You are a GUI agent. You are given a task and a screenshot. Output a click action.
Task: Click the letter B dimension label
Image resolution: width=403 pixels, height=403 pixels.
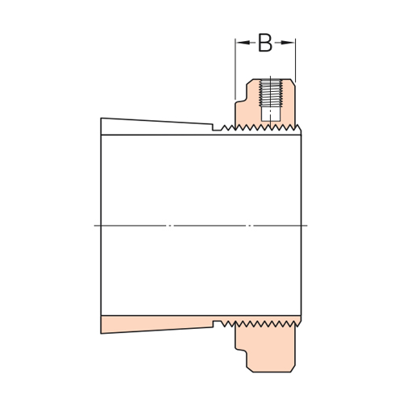point(265,43)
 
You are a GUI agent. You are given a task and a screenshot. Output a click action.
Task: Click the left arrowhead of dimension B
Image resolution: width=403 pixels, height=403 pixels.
point(239,43)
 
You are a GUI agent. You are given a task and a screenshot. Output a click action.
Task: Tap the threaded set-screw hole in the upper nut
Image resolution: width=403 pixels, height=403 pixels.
point(271,93)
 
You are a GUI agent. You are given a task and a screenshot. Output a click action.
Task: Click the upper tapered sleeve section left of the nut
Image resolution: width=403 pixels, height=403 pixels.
point(153,126)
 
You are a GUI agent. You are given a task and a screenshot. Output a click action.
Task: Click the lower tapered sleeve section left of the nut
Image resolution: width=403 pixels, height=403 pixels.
point(153,324)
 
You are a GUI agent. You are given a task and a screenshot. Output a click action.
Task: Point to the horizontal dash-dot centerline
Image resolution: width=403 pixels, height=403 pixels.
point(201,226)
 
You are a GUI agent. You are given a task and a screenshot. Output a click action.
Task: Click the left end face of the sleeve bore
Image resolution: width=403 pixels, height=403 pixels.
point(101,226)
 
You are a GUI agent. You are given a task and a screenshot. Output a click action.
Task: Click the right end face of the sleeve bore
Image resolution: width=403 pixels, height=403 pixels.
point(301,226)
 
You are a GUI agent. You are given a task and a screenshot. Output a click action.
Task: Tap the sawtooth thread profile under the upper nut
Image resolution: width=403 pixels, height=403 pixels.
point(258,128)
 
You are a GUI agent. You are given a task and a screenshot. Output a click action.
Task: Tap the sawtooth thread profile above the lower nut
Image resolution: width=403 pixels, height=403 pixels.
point(258,322)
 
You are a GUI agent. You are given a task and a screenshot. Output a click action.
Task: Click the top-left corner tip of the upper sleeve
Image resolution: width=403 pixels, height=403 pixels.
point(102,119)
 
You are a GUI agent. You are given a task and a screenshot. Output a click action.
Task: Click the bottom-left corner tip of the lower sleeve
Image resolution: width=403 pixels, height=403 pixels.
point(102,331)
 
